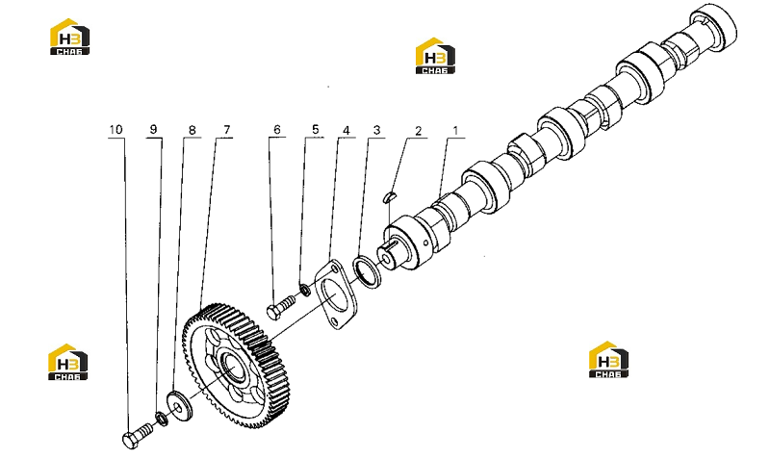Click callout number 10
click(115, 130)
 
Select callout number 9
click(153, 129)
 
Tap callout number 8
click(192, 130)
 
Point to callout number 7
click(227, 130)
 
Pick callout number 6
click(277, 130)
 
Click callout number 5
click(316, 129)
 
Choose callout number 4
click(346, 131)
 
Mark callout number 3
click(376, 130)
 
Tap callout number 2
click(418, 131)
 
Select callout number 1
click(455, 131)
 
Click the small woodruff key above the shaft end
click(389, 197)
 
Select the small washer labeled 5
click(305, 290)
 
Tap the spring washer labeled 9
click(162, 419)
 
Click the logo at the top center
click(435, 56)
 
